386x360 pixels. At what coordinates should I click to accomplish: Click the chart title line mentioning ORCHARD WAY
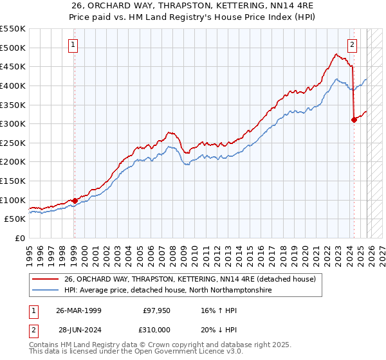pyautogui.click(x=193, y=6)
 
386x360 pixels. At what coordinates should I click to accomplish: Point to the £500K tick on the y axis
pyautogui.click(x=13, y=48)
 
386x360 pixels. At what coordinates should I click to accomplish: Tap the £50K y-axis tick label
pyautogui.click(x=15, y=219)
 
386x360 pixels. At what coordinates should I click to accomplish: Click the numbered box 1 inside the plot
pyautogui.click(x=74, y=45)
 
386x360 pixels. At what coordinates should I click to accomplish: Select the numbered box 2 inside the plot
pyautogui.click(x=353, y=45)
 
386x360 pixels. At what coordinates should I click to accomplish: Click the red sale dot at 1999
pyautogui.click(x=75, y=201)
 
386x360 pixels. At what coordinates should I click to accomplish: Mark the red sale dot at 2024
pyautogui.click(x=354, y=120)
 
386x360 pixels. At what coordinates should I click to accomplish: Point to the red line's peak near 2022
pyautogui.click(x=336, y=54)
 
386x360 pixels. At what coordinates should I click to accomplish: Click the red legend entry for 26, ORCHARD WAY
pyautogui.click(x=190, y=280)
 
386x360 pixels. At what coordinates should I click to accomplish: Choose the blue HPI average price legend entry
pyautogui.click(x=168, y=291)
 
